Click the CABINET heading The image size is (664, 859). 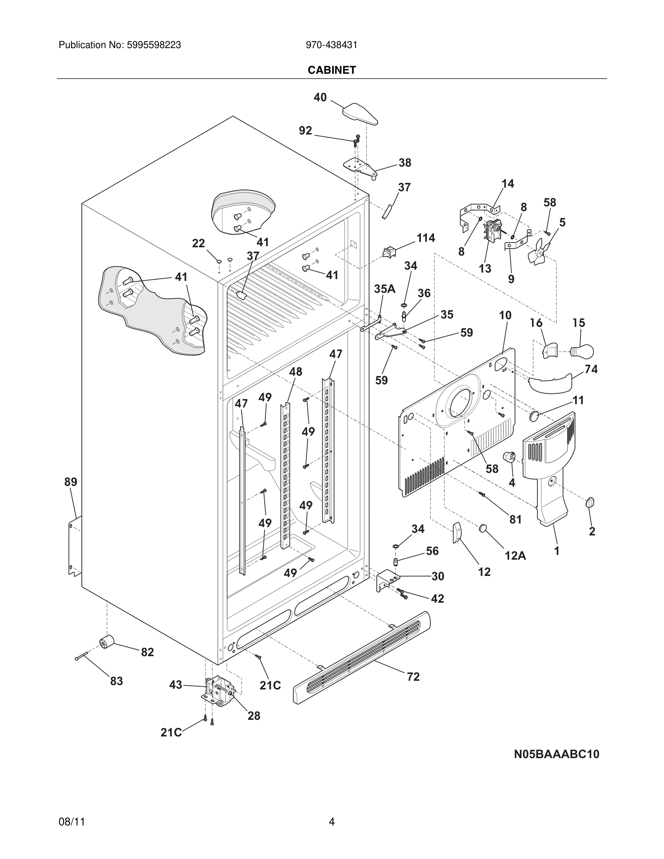(332, 70)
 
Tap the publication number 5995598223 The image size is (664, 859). (153, 45)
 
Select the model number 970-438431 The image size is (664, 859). (332, 45)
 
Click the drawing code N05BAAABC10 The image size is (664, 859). (557, 754)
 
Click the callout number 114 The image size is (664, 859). (426, 238)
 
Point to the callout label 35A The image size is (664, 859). (384, 289)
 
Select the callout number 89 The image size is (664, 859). (71, 482)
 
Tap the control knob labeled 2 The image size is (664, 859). (590, 502)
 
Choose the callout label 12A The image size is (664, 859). (515, 555)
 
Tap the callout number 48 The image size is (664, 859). (295, 372)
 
